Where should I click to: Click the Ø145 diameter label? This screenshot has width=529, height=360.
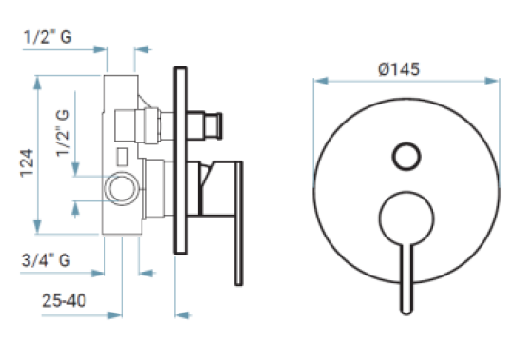[x=399, y=69]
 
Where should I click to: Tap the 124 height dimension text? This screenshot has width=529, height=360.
[x=27, y=163]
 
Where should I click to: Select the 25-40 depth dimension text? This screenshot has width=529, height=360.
[x=64, y=300]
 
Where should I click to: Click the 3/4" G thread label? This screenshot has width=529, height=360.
[x=46, y=260]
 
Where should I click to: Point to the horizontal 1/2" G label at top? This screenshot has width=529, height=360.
[x=47, y=37]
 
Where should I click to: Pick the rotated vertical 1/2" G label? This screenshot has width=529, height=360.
[x=63, y=133]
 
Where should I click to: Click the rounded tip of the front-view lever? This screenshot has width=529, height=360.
[x=406, y=313]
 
